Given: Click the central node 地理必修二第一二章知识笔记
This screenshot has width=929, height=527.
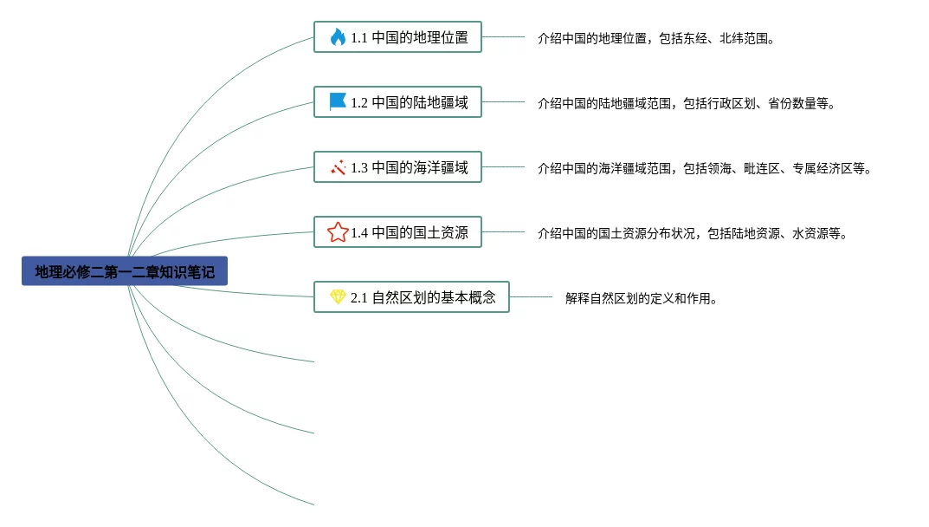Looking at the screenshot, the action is (125, 271).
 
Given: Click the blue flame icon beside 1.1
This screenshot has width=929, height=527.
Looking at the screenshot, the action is (338, 37).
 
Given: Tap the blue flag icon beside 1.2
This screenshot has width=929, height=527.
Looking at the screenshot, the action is (338, 101).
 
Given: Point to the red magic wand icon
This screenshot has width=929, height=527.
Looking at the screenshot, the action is (338, 167).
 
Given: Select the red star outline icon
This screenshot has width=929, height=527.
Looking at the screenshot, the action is (338, 232).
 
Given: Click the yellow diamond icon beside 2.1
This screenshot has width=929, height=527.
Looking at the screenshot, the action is (338, 296).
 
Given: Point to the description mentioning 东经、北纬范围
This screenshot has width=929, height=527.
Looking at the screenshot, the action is (655, 38).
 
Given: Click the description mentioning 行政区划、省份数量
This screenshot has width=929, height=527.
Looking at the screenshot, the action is (687, 103).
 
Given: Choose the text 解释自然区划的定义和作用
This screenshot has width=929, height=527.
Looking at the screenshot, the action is (642, 298).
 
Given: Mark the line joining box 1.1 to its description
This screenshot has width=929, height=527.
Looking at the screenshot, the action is (503, 37).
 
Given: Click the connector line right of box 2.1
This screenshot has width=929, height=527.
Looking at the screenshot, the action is (531, 297).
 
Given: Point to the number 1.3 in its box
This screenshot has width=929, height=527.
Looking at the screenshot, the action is (359, 168).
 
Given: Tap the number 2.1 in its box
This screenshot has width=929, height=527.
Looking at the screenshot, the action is (359, 298).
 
